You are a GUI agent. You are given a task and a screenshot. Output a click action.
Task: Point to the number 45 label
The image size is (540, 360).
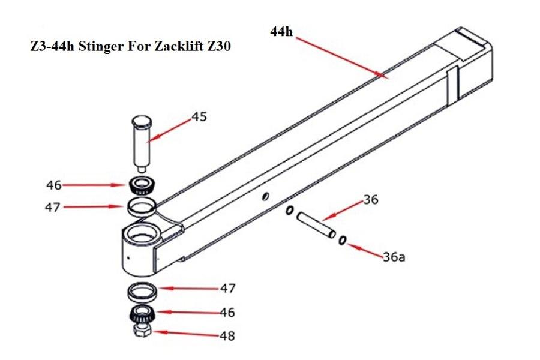click(199, 116)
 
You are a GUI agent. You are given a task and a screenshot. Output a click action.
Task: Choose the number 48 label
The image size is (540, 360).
click(227, 336)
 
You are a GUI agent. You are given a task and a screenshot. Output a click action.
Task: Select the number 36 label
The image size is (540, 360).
click(371, 200)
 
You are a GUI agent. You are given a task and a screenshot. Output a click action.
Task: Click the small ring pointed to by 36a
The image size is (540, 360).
click(342, 241)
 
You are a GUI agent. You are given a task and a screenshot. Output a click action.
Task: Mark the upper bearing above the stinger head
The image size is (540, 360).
click(142, 185)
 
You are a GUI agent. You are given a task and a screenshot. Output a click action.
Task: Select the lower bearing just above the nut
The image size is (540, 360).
click(141, 314)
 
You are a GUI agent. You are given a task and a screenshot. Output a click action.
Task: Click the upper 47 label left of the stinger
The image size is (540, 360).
click(54, 207)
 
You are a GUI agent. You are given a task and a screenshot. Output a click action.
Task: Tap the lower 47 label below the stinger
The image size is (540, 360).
click(227, 289)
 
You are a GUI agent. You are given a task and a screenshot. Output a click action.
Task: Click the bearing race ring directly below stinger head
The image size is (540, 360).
click(142, 291)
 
